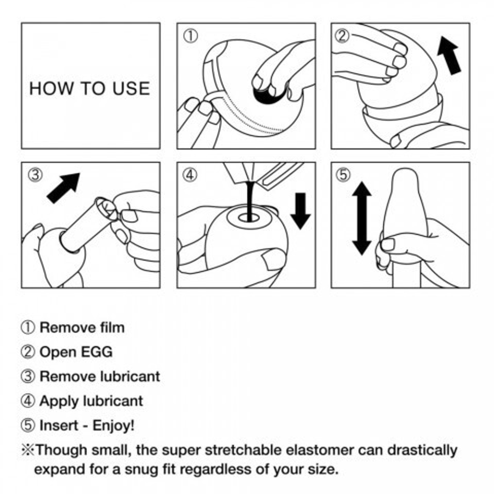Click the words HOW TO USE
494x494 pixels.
coord(89,88)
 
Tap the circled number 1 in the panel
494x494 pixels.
coord(191,36)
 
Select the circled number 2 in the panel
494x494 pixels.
coord(342,36)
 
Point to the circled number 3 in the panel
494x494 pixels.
coord(35,174)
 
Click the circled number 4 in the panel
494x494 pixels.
coord(191,174)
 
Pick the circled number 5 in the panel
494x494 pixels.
coord(343,174)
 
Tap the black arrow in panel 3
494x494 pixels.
coord(63,188)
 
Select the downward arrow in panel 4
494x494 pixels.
coord(300,211)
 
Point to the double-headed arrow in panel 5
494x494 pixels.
coord(362,218)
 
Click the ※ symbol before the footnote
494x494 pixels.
coord(28,450)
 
